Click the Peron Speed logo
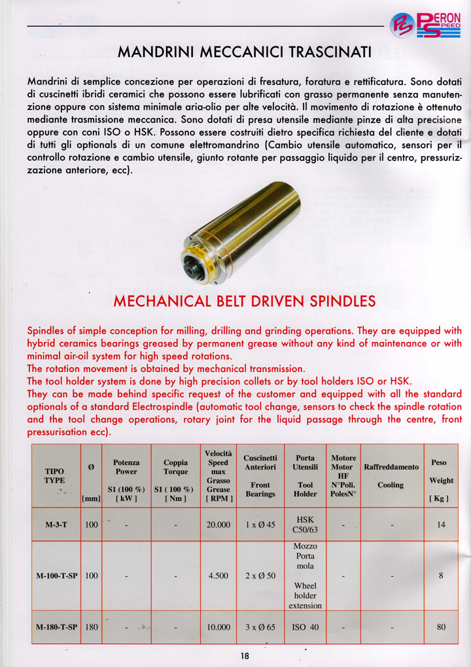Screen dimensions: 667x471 click(425, 26)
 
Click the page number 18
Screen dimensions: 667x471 click(244, 657)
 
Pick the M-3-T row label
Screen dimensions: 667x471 click(56, 524)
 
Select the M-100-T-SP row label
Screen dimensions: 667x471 click(56, 576)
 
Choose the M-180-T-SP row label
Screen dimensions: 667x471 click(56, 627)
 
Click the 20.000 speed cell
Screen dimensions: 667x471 click(217, 524)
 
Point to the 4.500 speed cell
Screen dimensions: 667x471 click(217, 576)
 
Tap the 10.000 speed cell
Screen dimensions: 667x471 click(217, 627)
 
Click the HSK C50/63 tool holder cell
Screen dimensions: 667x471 click(305, 524)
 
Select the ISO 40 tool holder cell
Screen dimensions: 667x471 click(305, 627)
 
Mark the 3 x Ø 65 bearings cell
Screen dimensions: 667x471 click(260, 627)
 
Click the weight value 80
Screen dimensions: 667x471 click(441, 627)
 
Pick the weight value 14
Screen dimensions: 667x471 click(441, 524)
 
